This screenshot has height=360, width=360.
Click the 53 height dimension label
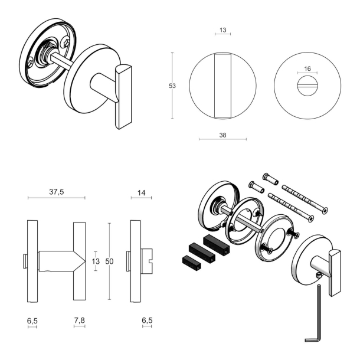click(x=172, y=86)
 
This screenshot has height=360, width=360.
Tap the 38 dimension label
click(x=222, y=135)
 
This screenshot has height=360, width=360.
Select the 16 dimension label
click(x=307, y=68)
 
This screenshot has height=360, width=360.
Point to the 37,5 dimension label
click(x=57, y=191)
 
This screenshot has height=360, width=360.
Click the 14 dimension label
click(x=141, y=192)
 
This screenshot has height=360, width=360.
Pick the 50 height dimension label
click(x=109, y=261)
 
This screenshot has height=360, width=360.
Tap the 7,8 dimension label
click(x=80, y=320)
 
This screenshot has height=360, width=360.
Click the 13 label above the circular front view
click(x=222, y=30)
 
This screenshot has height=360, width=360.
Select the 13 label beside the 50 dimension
click(x=96, y=261)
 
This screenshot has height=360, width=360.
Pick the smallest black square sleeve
click(x=192, y=263)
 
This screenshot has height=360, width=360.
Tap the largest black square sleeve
click(x=217, y=245)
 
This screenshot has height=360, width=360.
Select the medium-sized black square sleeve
click(x=202, y=253)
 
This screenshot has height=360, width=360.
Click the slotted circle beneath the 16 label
click(x=307, y=86)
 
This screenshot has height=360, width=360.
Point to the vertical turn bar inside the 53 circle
click(x=222, y=86)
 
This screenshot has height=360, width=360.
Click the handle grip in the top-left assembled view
click(x=123, y=97)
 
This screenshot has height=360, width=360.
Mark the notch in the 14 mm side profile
click(x=151, y=261)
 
